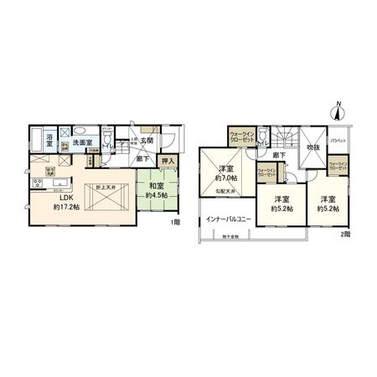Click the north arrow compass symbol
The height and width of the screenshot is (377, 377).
coord(338,109)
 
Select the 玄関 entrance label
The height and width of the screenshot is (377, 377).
coord(147,141)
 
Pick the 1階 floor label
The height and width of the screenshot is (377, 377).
coord(173,222)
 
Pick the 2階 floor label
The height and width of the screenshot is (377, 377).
coord(344,235)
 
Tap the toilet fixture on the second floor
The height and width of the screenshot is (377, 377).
coord(263,136)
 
